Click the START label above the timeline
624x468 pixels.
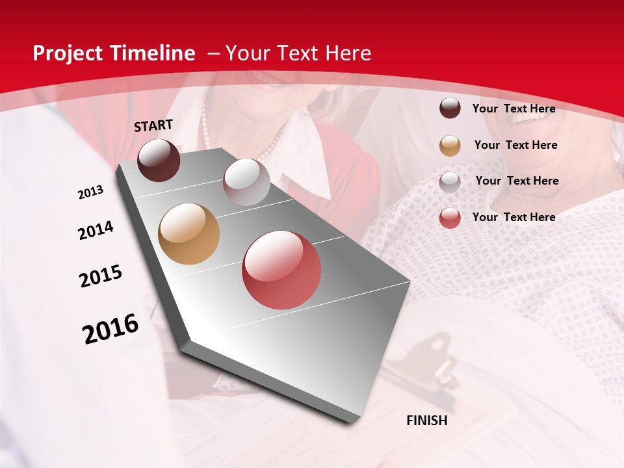[x=153, y=125]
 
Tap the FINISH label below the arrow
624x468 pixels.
[x=426, y=421]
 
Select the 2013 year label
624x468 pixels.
[x=91, y=192]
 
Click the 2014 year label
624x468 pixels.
[x=96, y=230]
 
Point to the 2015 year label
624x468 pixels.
[x=101, y=276]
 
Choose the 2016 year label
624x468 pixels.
[x=110, y=328]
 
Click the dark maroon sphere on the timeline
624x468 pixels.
[x=159, y=160]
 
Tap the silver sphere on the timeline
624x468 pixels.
[x=246, y=182]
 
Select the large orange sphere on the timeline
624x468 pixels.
[x=188, y=234]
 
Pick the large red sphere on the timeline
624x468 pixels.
[x=281, y=270]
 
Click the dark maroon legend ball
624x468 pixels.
[x=450, y=108]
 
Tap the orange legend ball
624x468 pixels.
[x=450, y=146]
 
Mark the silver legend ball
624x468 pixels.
[x=450, y=182]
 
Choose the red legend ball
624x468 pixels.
[x=450, y=218]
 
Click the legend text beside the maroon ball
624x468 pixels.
[x=513, y=109]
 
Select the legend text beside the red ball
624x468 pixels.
[x=513, y=217]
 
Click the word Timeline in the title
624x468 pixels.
[x=152, y=53]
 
